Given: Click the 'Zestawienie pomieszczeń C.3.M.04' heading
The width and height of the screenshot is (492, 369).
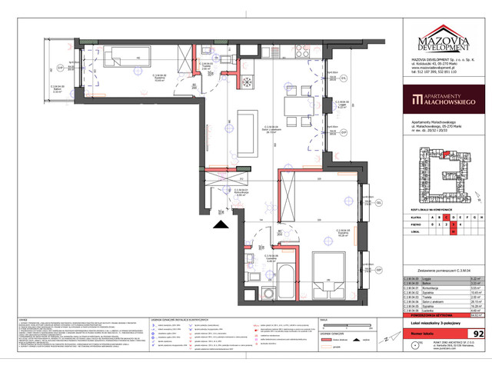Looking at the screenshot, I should pyautogui.click(x=442, y=251).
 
